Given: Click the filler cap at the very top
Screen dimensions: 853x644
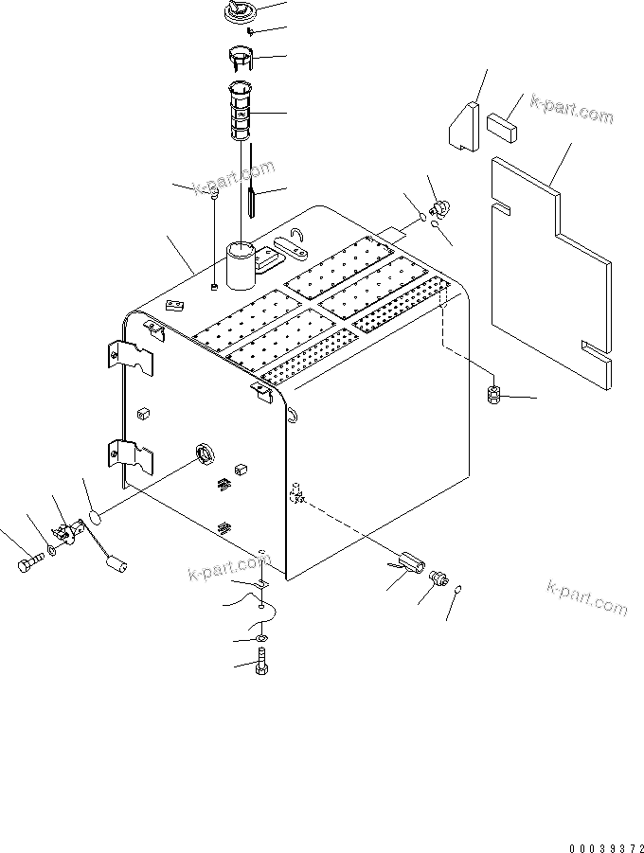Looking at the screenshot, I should point(237,13).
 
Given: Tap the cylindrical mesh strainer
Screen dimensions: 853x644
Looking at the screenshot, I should point(242,112).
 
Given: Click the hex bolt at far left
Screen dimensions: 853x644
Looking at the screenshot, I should point(27,565).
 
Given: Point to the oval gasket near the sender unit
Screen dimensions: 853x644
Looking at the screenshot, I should point(92,517).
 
